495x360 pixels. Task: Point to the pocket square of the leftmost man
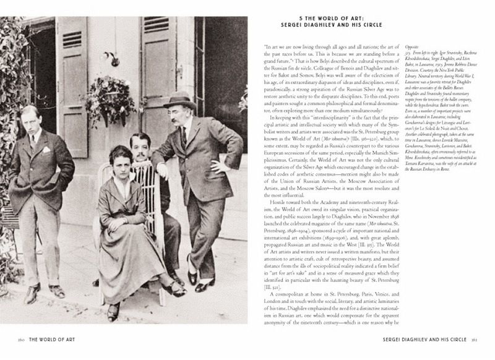point(45,149)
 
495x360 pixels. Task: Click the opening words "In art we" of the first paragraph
point(276,46)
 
